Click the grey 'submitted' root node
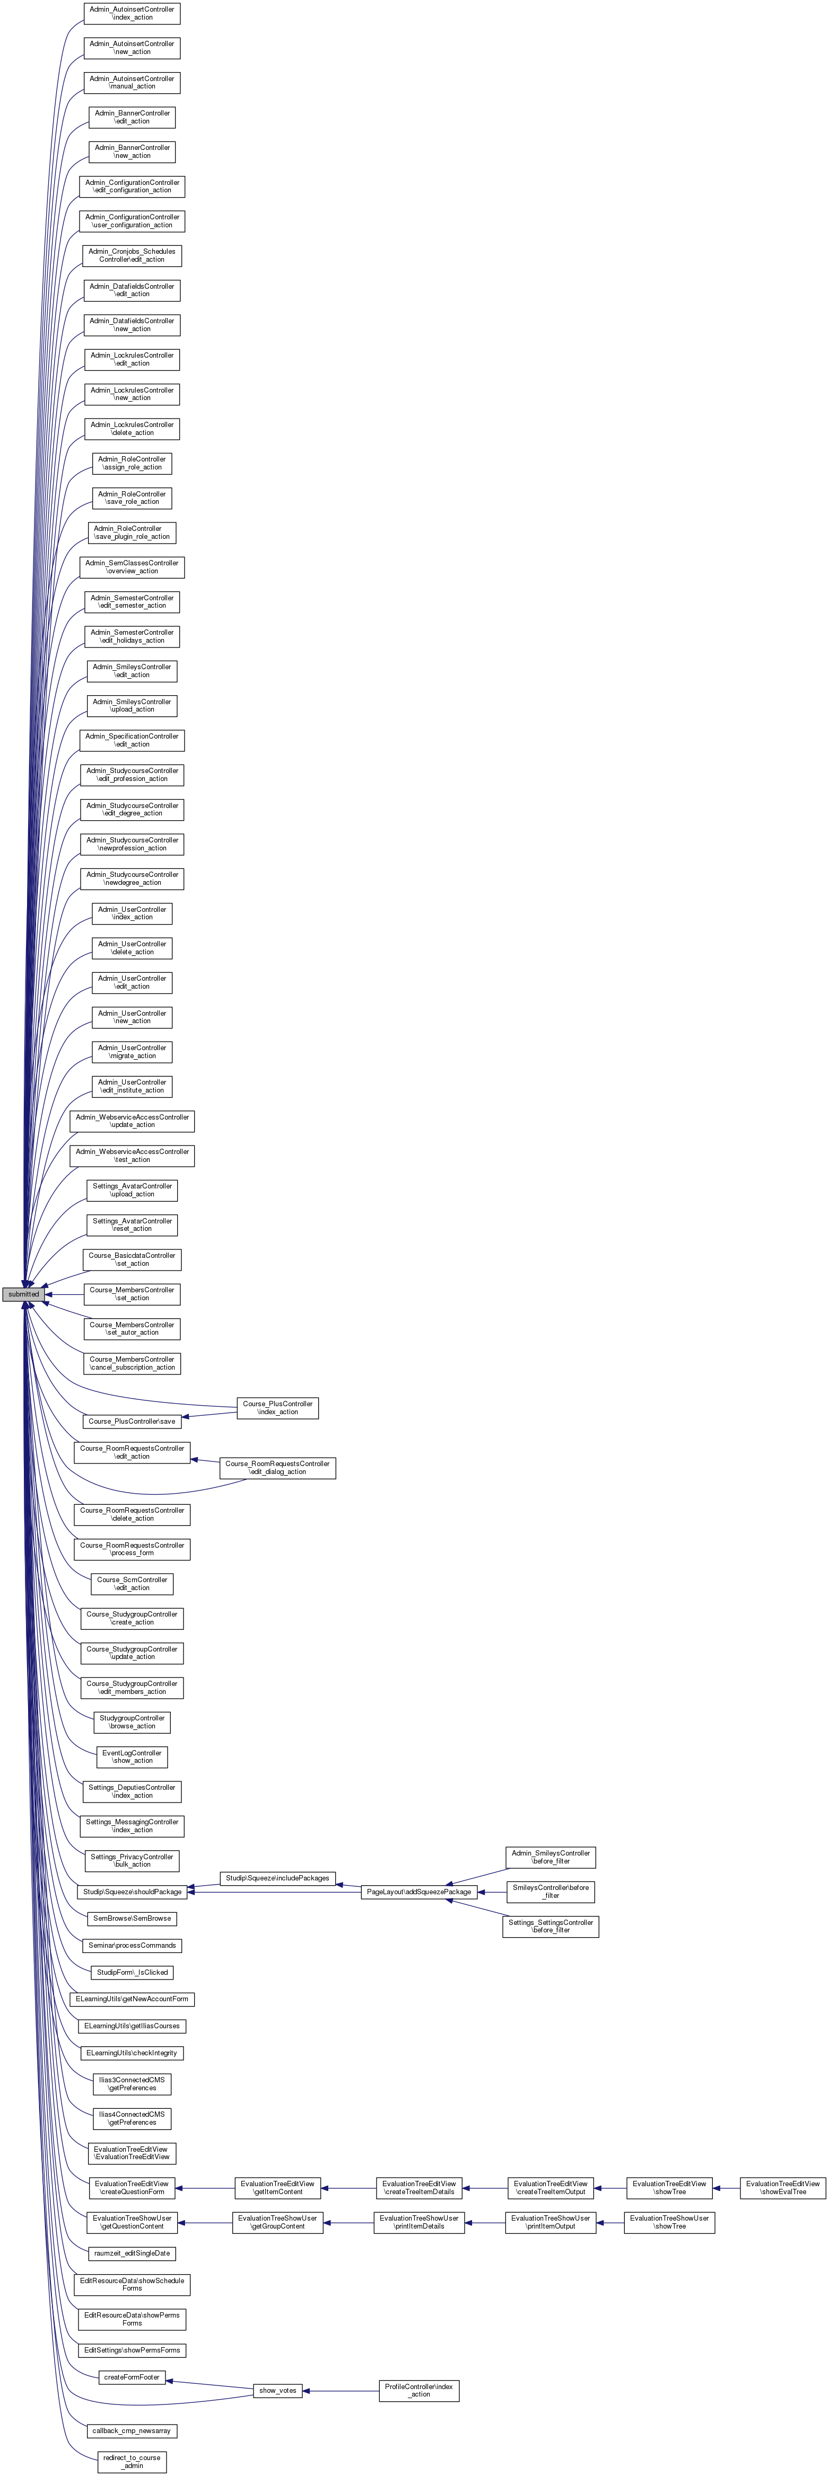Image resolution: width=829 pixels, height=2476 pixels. (x=23, y=1294)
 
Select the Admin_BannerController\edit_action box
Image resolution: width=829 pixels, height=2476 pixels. (x=132, y=117)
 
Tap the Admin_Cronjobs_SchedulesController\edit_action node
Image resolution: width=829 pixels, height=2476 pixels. (x=132, y=256)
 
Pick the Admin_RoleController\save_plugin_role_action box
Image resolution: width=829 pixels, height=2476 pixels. (x=132, y=533)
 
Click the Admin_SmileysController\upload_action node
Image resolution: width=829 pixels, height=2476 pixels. (x=132, y=706)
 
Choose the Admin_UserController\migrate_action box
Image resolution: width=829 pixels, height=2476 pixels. (x=132, y=1052)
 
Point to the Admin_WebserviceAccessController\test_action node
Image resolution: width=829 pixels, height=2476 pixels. (x=132, y=1155)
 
